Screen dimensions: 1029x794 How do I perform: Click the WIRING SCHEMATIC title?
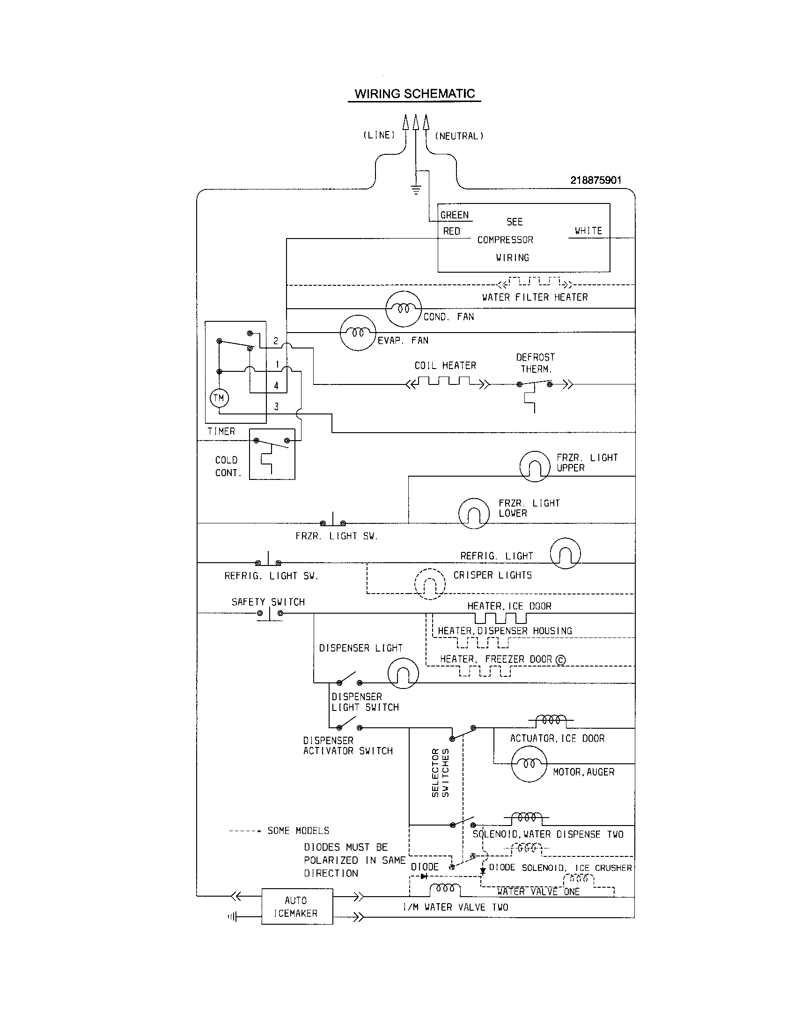pos(414,94)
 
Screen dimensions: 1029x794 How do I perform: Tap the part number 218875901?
pos(596,180)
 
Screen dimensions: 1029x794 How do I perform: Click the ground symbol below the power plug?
pos(416,190)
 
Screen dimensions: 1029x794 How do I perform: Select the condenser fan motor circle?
pos(403,309)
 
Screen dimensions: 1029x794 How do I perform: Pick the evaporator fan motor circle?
pos(358,333)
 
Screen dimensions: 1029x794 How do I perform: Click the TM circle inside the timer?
pos(219,398)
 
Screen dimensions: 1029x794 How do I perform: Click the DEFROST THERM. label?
pos(536,363)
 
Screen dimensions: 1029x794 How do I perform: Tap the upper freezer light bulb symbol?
pos(535,466)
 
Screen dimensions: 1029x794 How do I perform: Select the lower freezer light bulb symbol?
pos(474,513)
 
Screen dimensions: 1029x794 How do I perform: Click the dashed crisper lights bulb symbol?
pos(429,584)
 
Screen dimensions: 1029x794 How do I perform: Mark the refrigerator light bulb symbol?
pos(565,553)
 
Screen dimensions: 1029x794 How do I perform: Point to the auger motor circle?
pos(529,764)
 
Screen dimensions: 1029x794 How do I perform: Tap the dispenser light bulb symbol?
pos(403,673)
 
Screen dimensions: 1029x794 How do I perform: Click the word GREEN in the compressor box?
pos(455,215)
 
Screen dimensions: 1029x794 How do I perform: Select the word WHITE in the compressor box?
pos(588,231)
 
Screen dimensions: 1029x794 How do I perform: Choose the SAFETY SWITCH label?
pos(268,602)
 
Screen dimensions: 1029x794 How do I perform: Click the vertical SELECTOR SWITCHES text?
pos(441,773)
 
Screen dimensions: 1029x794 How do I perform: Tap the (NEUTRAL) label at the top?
pos(459,136)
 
